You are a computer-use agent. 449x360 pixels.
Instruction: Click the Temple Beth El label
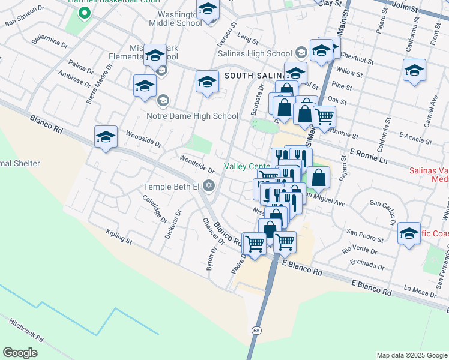(x=170, y=187)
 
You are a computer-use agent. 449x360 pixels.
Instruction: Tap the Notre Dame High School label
(x=192, y=115)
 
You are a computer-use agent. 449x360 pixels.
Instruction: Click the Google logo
(x=20, y=353)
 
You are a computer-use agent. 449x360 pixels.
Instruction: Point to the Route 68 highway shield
(x=256, y=331)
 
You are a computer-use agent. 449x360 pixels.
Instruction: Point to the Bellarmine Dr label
(x=50, y=42)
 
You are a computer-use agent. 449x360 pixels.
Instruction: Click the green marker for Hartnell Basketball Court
(x=85, y=12)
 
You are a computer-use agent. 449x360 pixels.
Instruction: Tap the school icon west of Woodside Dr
(x=106, y=137)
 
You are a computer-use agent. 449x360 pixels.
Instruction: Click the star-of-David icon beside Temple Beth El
(x=209, y=185)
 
